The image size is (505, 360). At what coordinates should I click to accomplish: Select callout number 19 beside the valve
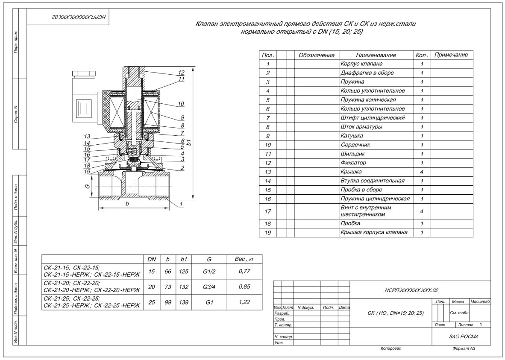tap(87, 171)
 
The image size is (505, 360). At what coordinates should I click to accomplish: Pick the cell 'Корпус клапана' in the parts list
tap(361, 64)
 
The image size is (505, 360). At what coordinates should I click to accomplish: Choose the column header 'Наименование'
tap(376, 55)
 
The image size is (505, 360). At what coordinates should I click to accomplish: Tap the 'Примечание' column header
tap(451, 55)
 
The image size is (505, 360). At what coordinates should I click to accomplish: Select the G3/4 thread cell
tap(209, 287)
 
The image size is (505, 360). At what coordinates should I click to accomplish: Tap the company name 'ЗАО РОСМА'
tap(464, 336)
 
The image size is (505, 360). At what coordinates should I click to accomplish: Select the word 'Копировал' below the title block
tap(390, 348)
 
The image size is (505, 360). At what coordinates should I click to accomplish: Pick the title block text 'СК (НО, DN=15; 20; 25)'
tap(390, 313)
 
